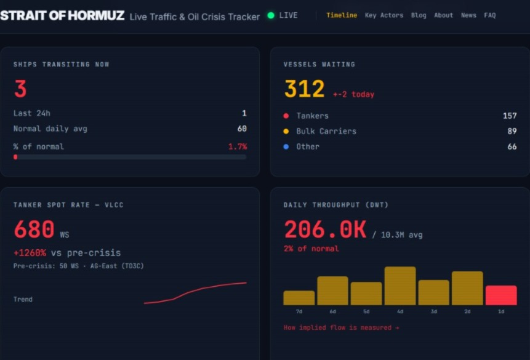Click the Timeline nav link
coord(342,15)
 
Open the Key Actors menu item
coord(384,15)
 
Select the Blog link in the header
coord(419,15)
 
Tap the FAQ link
coord(490,15)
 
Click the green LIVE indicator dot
coord(271,15)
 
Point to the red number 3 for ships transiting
coord(20,89)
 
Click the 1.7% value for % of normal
coord(238,146)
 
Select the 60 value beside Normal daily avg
coord(242,129)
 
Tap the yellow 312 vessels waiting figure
coord(304,89)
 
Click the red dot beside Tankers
coord(286,116)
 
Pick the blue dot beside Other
coord(286,146)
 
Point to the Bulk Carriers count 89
coord(512,131)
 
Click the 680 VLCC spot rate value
coord(34,229)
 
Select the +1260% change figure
coord(30,252)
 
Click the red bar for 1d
coord(501,295)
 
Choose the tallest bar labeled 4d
coord(400,286)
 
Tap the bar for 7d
coord(299,298)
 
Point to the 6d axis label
coord(332,311)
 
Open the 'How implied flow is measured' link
coord(341,327)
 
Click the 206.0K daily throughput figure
coord(325,230)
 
